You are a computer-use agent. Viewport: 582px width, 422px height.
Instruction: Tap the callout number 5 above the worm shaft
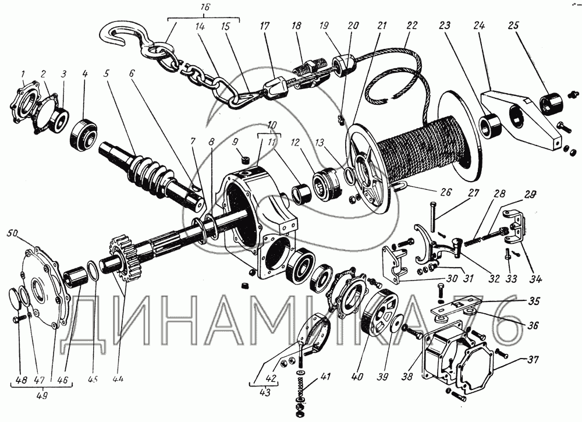pyautogui.click(x=105, y=75)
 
